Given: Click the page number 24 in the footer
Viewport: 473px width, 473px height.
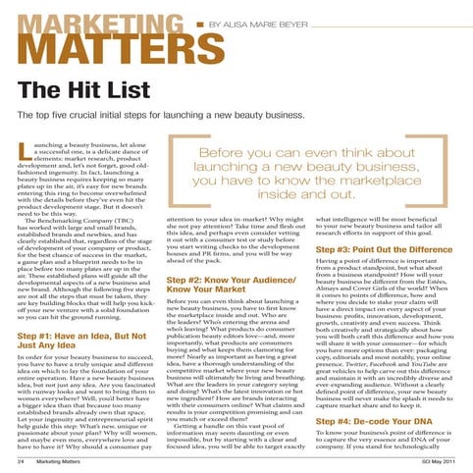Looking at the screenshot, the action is [x=22, y=461].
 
